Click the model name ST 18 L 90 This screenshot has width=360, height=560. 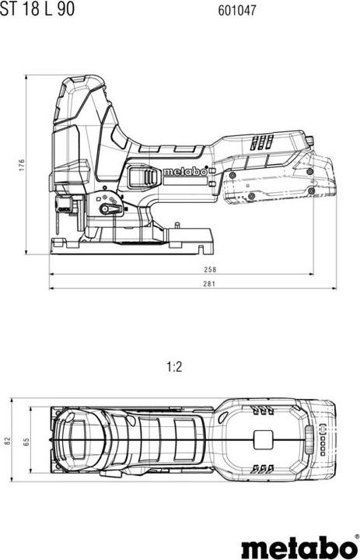point(37,9)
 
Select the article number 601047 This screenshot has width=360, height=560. point(237,10)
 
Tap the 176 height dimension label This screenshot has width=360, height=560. point(22,165)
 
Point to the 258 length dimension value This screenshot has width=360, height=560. point(210,270)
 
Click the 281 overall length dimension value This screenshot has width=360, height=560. point(210,284)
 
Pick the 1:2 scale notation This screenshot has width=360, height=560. point(174,367)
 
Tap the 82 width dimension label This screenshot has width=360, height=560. point(8,440)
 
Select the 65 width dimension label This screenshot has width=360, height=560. point(26,442)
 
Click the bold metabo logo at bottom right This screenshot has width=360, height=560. point(299,547)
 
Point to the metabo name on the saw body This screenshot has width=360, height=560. point(185,172)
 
